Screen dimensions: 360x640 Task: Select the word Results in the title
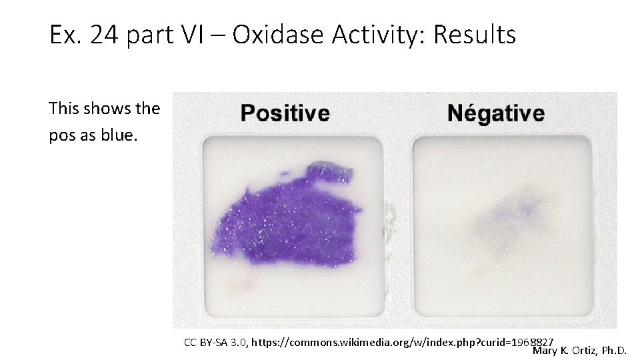(474, 35)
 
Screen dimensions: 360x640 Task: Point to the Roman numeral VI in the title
(201, 35)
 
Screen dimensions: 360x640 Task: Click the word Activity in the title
(380, 35)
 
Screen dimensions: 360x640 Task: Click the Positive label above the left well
(285, 113)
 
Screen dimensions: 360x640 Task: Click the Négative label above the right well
(496, 113)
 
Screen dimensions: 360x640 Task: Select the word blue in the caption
(120, 137)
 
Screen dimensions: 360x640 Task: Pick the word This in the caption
(63, 108)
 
